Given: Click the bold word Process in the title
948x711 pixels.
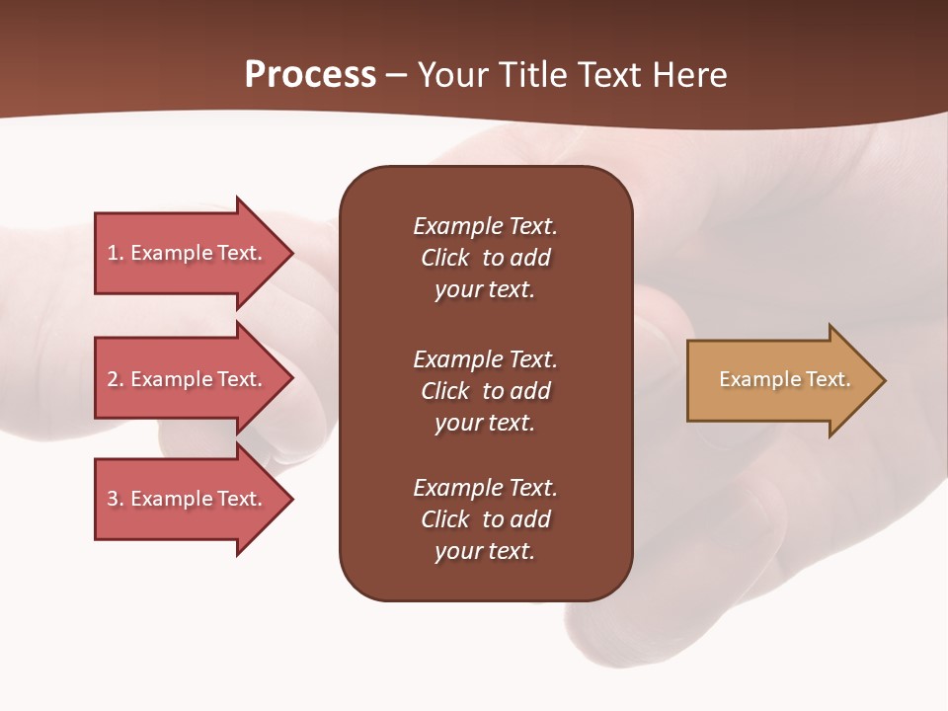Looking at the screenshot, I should pyautogui.click(x=310, y=75).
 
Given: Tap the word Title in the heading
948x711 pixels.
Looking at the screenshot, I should pyautogui.click(x=531, y=75).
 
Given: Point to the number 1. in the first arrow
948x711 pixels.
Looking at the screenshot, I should pyautogui.click(x=116, y=253).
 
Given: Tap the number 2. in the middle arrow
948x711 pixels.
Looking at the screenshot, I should pyautogui.click(x=116, y=379).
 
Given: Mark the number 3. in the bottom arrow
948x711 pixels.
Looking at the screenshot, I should pyautogui.click(x=116, y=499).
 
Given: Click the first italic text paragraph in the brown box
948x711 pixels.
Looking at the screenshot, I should pyautogui.click(x=485, y=258).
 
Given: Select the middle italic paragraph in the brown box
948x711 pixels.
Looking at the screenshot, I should pyautogui.click(x=485, y=391).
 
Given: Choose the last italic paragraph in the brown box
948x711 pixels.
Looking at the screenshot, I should pyautogui.click(x=485, y=519).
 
